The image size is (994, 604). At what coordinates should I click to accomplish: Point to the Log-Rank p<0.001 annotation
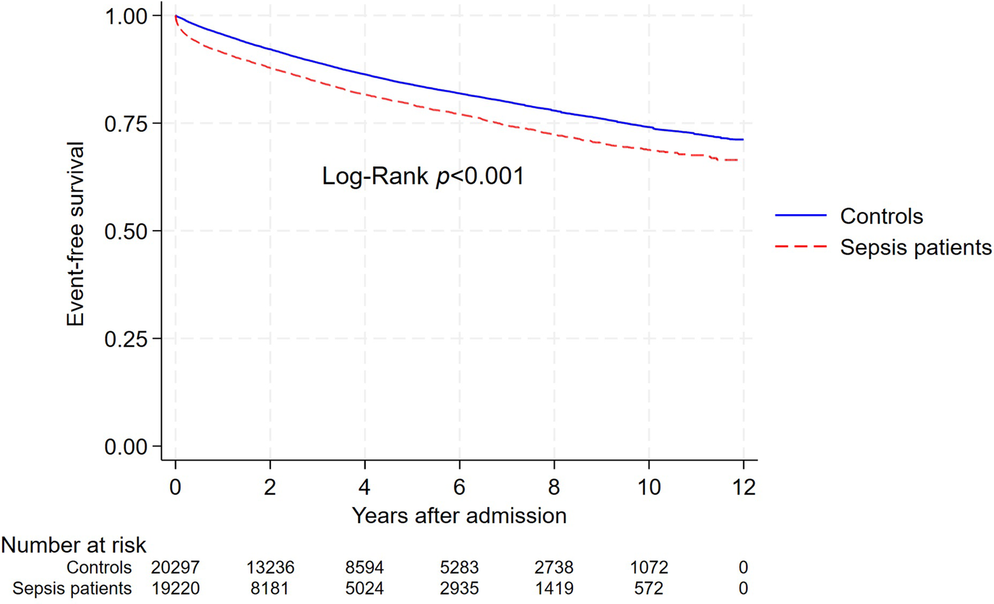pos(423,176)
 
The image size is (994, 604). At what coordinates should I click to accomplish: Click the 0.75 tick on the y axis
pos(126,123)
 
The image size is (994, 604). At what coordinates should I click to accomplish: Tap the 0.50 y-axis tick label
pos(126,231)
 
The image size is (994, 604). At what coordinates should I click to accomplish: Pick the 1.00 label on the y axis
pos(126,16)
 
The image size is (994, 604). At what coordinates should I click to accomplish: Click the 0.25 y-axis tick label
pos(126,339)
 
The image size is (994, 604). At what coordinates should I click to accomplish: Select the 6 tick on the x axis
pos(459,487)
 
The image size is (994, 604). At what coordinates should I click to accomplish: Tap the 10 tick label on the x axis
pos(649,487)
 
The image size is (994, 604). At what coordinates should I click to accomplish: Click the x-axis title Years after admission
pos(459,516)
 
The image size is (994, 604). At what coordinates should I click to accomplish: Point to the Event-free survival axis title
pos(76,233)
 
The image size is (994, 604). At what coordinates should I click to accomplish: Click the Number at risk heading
pos(74,545)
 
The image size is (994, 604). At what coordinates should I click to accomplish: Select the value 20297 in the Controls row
pos(175,568)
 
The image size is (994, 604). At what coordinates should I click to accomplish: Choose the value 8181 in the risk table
pos(270,589)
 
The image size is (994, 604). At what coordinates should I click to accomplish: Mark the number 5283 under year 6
pos(459,568)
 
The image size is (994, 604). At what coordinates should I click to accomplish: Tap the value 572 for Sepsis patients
pos(649,589)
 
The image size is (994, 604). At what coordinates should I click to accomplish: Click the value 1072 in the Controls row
pos(649,568)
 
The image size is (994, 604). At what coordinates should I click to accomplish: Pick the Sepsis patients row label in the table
pos(72,589)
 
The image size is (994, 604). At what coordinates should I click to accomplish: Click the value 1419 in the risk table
pos(554,589)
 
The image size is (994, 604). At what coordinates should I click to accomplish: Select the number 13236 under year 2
pos(270,568)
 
